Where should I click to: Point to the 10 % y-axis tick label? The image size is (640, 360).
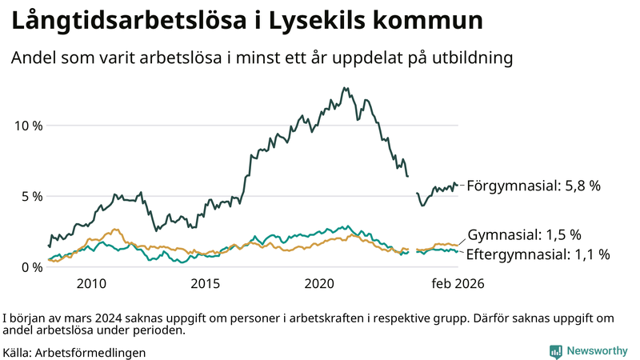[27, 126]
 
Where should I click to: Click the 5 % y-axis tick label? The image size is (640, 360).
[30, 196]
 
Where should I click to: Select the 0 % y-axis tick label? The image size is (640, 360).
[30, 267]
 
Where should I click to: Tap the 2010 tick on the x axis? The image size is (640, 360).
[91, 283]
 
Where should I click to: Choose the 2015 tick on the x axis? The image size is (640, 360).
[206, 283]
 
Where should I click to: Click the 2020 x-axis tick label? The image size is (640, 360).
[320, 283]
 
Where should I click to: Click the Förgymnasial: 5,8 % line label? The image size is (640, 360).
[534, 186]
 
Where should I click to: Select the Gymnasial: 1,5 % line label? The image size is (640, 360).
[524, 235]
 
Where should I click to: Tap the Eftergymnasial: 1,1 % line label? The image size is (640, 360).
[538, 254]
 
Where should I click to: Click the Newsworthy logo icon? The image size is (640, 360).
[555, 351]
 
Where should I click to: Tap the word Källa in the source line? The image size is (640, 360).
[18, 352]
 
